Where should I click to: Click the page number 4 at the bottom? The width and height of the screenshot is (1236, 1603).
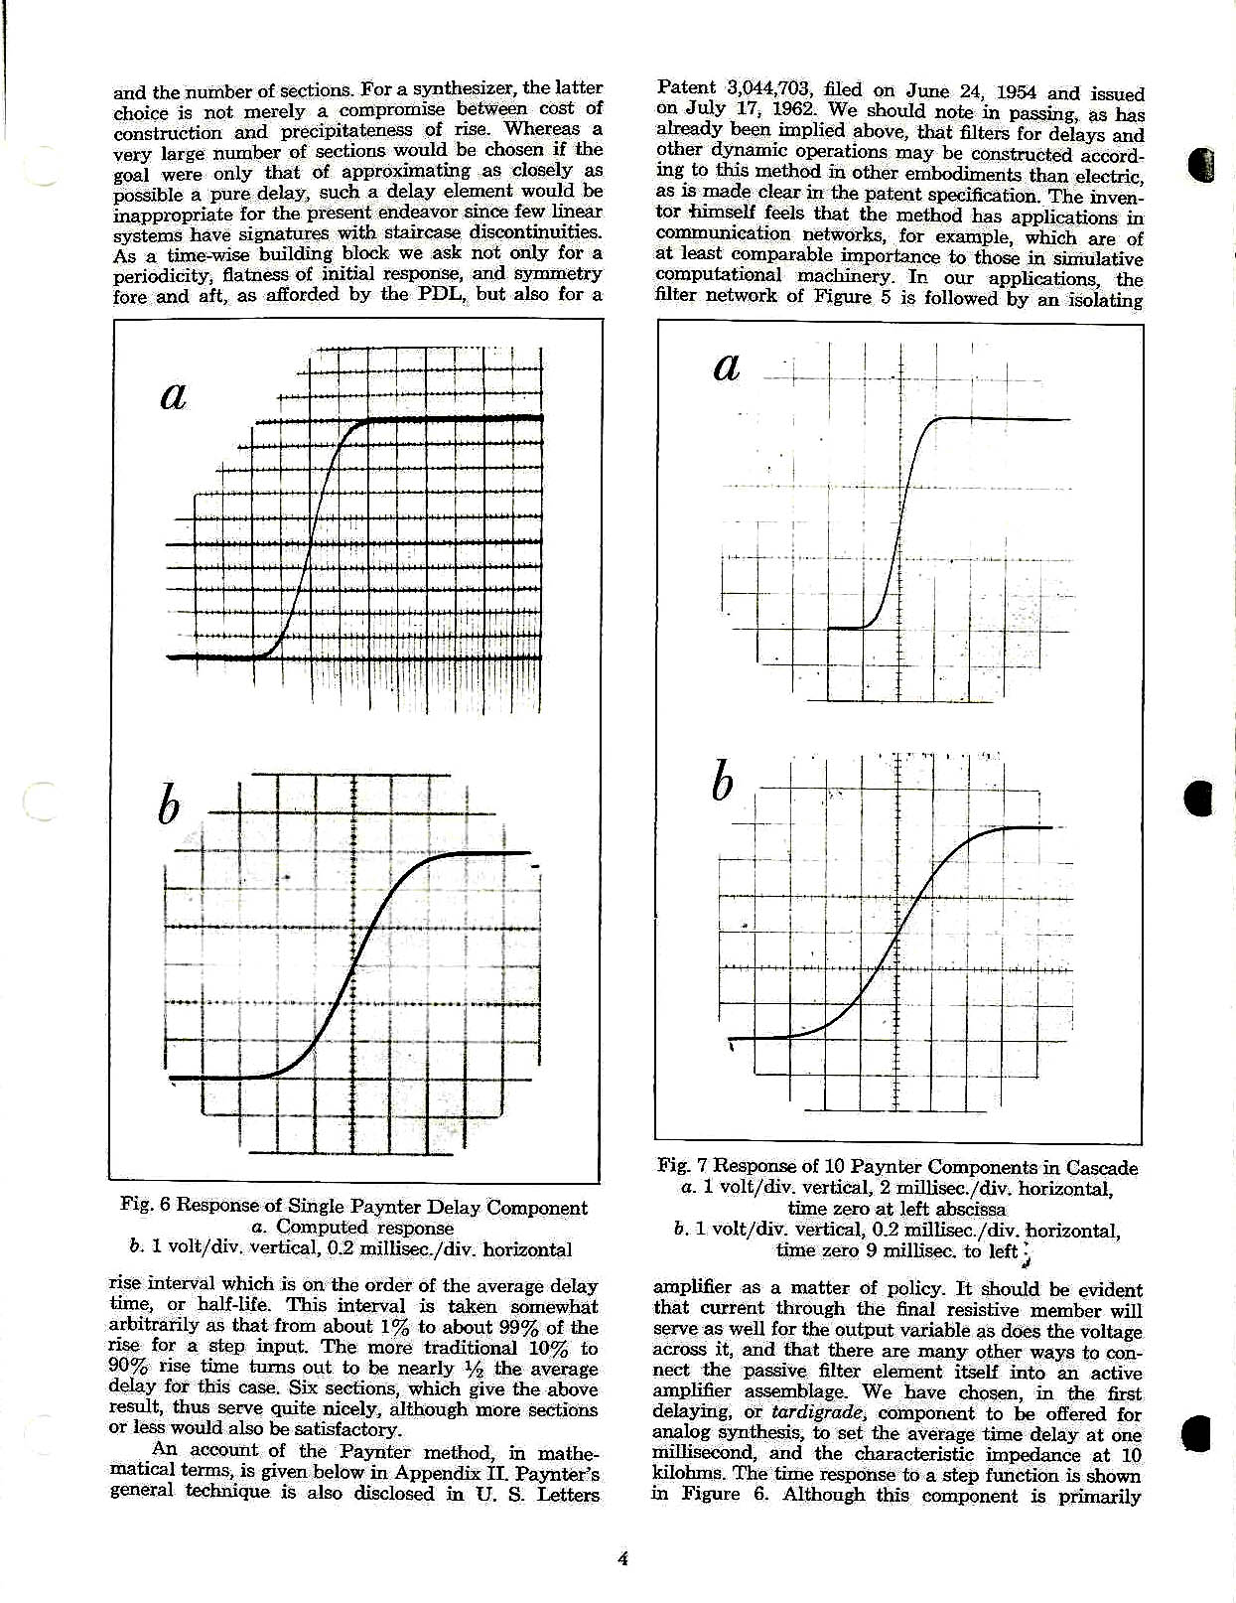pos(622,1558)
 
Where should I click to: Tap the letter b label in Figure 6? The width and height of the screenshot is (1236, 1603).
pos(170,805)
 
